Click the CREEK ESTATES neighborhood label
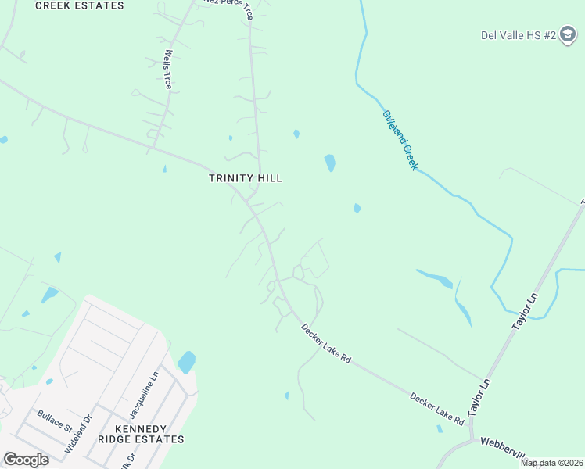point(80,5)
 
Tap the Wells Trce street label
point(167,70)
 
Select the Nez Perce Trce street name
point(228,7)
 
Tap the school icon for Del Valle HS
point(569,36)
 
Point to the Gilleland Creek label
point(400,140)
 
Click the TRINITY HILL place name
point(245,178)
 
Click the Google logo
point(26,460)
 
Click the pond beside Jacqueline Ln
point(186,362)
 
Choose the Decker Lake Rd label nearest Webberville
point(437,408)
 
